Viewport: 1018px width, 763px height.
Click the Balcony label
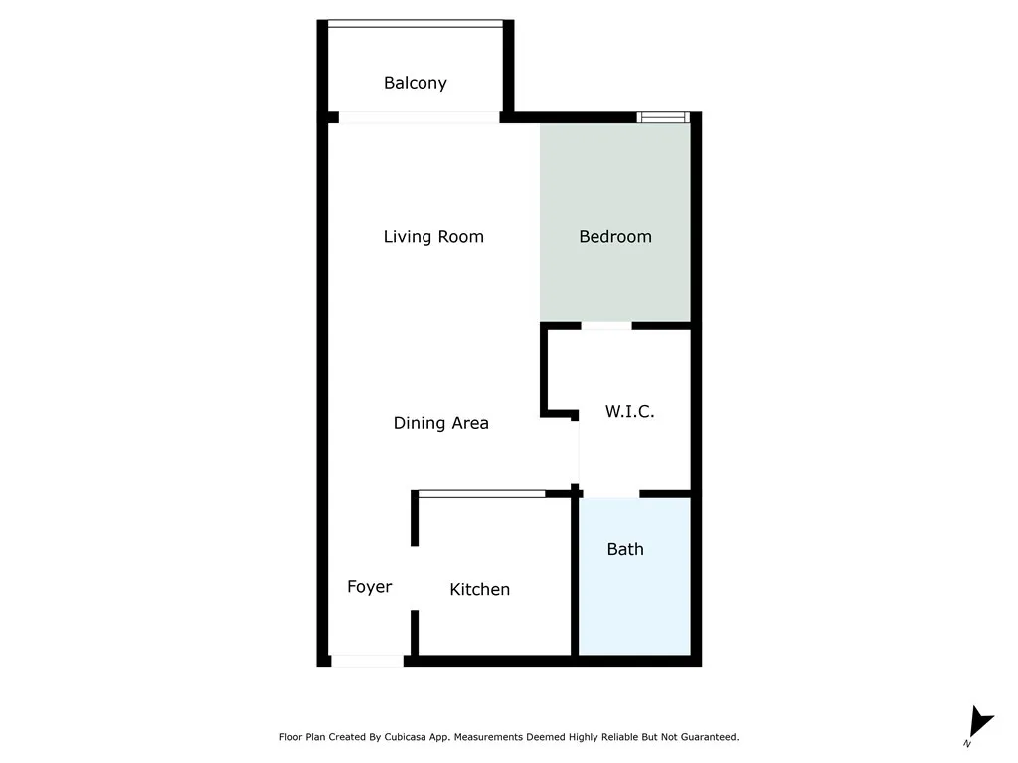coord(416,83)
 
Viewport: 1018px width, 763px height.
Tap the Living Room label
coord(433,236)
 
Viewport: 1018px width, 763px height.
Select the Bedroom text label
coord(615,236)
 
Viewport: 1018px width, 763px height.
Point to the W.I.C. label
coord(630,411)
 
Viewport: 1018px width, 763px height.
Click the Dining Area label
coord(441,423)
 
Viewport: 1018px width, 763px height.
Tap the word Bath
coord(625,549)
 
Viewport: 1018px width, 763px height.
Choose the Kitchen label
coord(480,589)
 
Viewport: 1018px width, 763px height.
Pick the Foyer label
coord(369,587)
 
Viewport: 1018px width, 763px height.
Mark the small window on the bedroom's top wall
coord(663,117)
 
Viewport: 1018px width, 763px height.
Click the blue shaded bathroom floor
coord(634,606)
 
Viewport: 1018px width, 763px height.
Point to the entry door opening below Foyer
coord(367,661)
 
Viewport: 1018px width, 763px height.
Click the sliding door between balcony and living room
coord(419,117)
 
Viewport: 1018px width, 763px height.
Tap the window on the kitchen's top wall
coord(481,493)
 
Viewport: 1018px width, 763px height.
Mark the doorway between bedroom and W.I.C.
coord(606,325)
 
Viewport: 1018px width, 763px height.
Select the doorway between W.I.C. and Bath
coord(611,494)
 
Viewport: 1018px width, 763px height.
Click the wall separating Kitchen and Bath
coord(574,576)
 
